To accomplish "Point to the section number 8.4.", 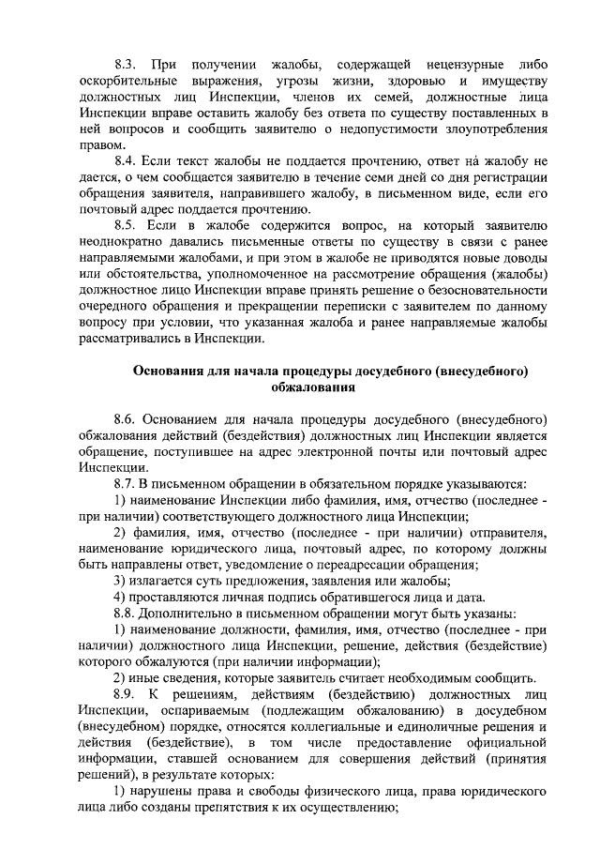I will pos(126,162).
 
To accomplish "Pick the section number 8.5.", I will pos(126,226).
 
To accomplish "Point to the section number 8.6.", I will pos(126,419).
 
